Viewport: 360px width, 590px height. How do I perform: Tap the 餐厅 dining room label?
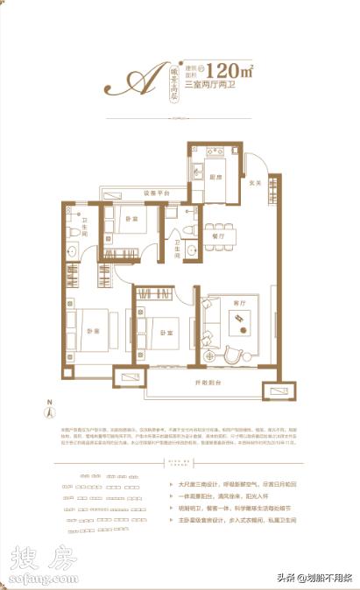point(219,235)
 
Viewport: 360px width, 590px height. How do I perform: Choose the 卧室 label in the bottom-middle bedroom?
point(166,331)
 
